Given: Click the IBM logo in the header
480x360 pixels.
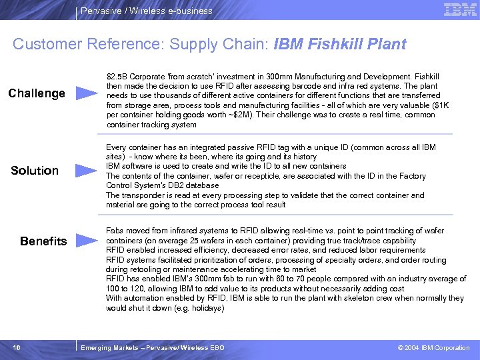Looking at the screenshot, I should pos(460,10).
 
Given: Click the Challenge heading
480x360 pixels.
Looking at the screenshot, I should pos(37,93).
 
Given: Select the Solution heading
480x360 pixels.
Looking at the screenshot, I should pos(35,171).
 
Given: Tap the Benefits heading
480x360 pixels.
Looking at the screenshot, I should pos(43,241).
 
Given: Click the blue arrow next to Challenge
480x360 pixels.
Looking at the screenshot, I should pos(87,93).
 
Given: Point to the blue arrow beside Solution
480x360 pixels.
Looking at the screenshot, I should pos(87,171).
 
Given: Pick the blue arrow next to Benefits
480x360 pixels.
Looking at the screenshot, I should pos(87,241).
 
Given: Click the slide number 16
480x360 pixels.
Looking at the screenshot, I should pos(15,347).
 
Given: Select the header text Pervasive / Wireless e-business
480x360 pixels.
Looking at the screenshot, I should pos(147,11).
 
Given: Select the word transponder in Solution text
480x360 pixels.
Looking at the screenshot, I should pos(141,195).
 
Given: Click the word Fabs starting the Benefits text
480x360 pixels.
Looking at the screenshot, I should pos(115,231).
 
